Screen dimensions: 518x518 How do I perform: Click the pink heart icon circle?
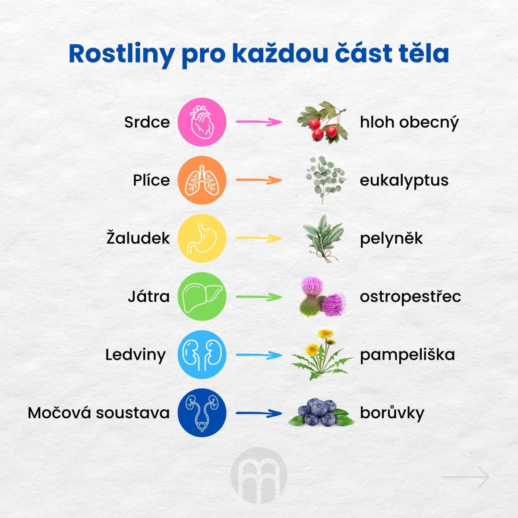pos(202,122)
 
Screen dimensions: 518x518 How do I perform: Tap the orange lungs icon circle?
pos(202,180)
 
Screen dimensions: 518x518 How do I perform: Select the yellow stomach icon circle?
pos(202,238)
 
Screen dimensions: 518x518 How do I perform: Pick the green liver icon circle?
pos(202,297)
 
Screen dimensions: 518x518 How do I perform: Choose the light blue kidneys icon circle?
pos(202,354)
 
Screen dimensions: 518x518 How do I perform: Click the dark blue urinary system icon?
pos(202,413)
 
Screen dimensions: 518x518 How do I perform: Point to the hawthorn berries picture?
pos(322,122)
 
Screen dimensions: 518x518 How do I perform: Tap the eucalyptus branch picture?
pos(325,180)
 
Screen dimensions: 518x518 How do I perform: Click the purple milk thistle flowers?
pos(322,297)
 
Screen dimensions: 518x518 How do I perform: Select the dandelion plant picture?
pos(322,355)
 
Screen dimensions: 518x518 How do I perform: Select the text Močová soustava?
pos(99,413)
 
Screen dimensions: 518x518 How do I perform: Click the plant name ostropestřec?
pos(411,297)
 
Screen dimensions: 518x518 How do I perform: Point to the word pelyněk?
pos(392,238)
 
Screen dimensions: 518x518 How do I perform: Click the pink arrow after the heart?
pos(259,122)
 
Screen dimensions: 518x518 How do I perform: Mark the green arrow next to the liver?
pos(259,297)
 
